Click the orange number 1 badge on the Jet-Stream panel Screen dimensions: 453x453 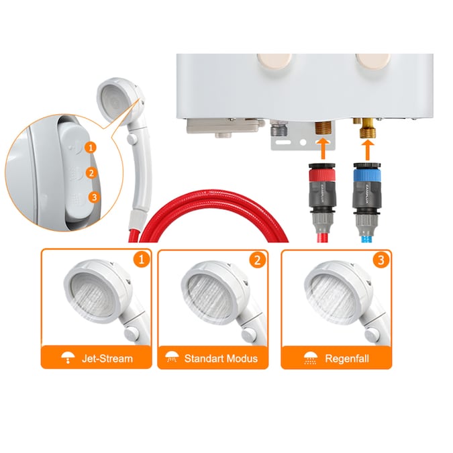point(142,259)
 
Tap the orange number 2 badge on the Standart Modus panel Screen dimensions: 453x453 point(258,260)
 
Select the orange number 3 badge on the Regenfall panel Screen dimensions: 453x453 point(381,260)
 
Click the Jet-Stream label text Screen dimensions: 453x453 point(107,359)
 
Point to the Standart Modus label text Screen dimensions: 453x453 point(221,358)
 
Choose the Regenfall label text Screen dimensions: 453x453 point(347,359)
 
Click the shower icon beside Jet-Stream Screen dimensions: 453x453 point(68,358)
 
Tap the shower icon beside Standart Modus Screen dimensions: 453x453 point(172,358)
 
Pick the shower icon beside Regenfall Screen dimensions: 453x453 point(310,358)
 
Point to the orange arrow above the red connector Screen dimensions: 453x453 point(323,149)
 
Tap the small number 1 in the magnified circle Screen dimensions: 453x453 point(91,148)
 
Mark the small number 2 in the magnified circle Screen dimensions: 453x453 point(91,173)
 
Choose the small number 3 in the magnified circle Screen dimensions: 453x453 point(94,197)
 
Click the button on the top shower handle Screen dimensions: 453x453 point(132,138)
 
